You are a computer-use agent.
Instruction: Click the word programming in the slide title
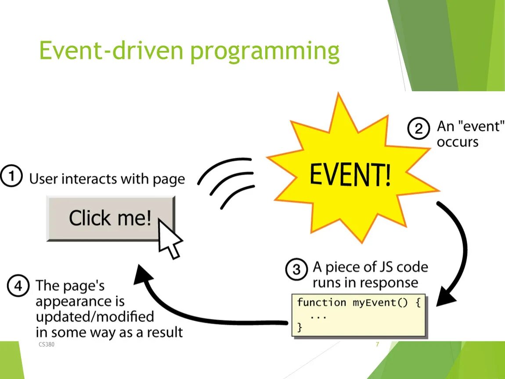pyautogui.click(x=265, y=52)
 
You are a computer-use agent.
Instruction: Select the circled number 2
pyautogui.click(x=418, y=129)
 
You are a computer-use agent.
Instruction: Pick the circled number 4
pyautogui.click(x=18, y=287)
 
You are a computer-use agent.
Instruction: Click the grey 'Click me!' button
pyautogui.click(x=110, y=218)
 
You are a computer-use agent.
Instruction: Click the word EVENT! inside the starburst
pyautogui.click(x=350, y=174)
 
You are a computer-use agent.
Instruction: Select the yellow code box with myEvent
pyautogui.click(x=359, y=315)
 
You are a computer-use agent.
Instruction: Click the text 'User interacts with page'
pyautogui.click(x=107, y=179)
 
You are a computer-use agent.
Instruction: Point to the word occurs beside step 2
pyautogui.click(x=457, y=142)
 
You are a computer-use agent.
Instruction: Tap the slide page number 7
pyautogui.click(x=377, y=345)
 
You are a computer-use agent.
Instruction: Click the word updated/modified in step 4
pyautogui.click(x=95, y=316)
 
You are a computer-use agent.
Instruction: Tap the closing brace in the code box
pyautogui.click(x=299, y=327)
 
